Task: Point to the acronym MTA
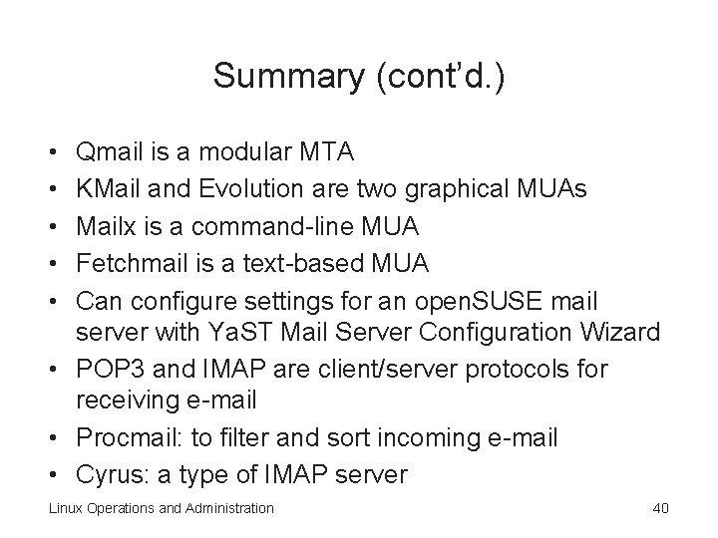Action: pyautogui.click(x=323, y=153)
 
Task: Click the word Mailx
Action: pyautogui.click(x=107, y=227)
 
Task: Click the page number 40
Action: pyautogui.click(x=659, y=508)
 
